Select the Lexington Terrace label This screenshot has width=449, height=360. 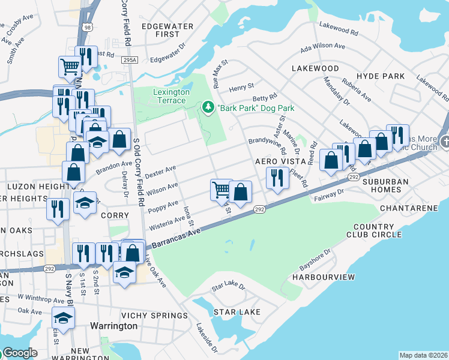[x=172, y=96]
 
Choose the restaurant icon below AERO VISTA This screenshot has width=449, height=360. [x=277, y=178]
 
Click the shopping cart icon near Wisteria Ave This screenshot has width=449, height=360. [x=221, y=190]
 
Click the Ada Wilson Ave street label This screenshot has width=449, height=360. [x=323, y=46]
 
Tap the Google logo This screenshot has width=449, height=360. [x=19, y=353]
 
